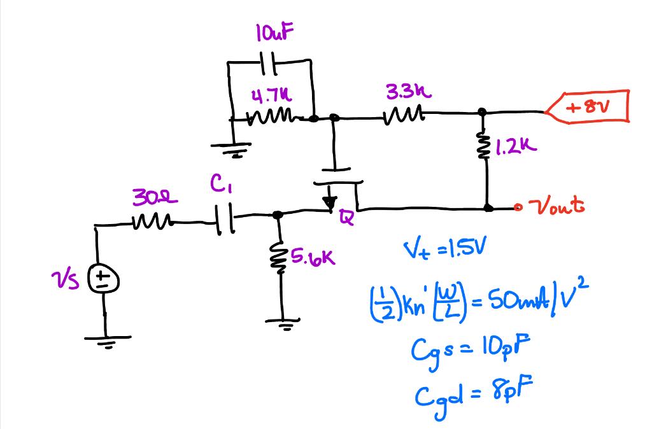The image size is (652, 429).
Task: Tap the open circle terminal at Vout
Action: pyautogui.click(x=520, y=207)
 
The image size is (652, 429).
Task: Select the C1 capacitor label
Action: pyautogui.click(x=217, y=186)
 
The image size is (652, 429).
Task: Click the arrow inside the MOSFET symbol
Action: pyautogui.click(x=330, y=202)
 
